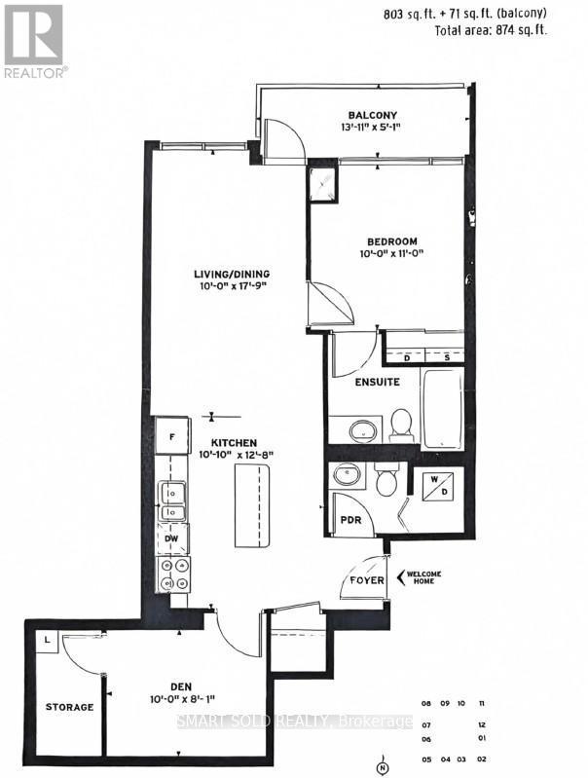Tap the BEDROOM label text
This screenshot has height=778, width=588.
tap(392, 241)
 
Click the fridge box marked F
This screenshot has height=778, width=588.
tap(171, 437)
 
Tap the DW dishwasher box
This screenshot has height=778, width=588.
tap(171, 537)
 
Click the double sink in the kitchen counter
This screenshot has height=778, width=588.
tap(172, 501)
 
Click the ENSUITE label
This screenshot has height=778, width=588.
tap(377, 383)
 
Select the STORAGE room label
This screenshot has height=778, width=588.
tap(69, 707)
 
